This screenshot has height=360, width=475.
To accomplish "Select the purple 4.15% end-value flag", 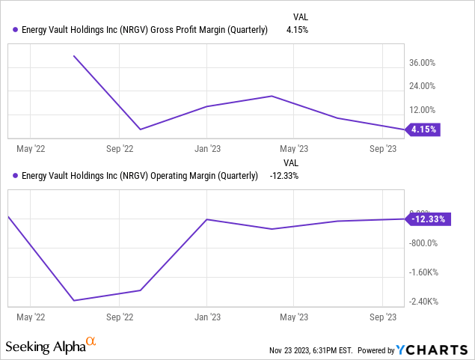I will (x=423, y=129).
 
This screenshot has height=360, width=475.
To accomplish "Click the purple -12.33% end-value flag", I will (x=426, y=219).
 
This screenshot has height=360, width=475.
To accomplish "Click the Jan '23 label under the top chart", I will (x=207, y=148).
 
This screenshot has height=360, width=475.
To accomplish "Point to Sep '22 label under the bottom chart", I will (x=119, y=317).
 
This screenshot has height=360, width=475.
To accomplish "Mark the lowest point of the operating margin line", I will (x=73, y=301).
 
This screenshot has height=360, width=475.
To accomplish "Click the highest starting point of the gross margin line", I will (x=73, y=55).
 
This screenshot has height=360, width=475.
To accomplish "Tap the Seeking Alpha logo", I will (x=51, y=346).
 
